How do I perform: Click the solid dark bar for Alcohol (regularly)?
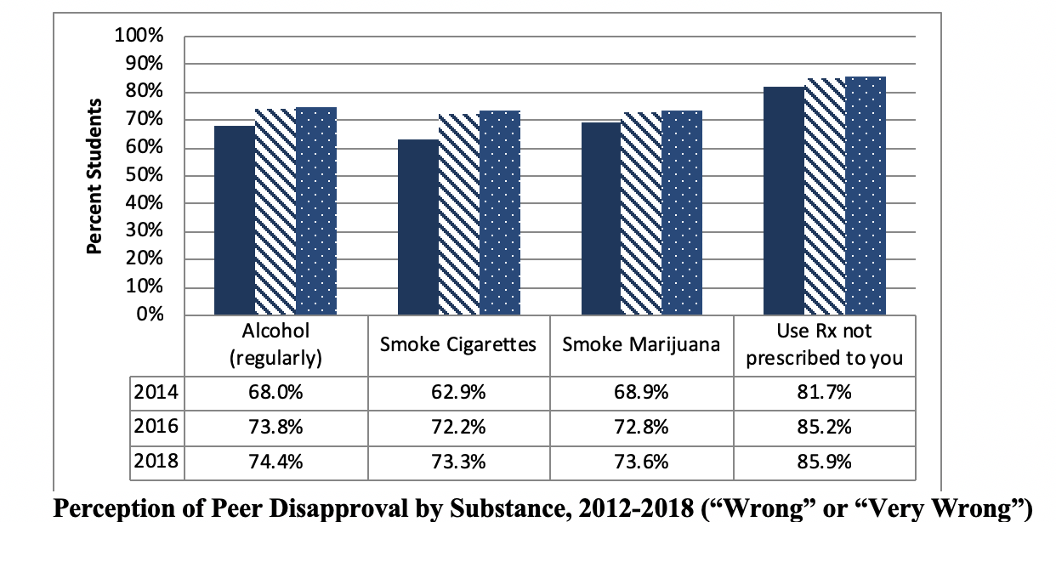pos(234,220)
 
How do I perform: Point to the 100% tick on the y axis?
pos(138,37)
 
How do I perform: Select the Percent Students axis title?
pos(95,176)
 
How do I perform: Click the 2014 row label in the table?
pos(156,393)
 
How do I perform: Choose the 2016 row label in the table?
pos(156,427)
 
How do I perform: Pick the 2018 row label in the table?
pos(156,462)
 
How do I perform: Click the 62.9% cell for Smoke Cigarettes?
pos(458,393)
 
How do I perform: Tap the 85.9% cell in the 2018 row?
pos(824,462)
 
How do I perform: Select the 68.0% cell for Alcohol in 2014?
pos(275,393)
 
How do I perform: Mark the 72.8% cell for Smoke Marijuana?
pos(641,428)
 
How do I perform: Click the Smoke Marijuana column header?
pos(641,345)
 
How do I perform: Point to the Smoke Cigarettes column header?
pos(458,345)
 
